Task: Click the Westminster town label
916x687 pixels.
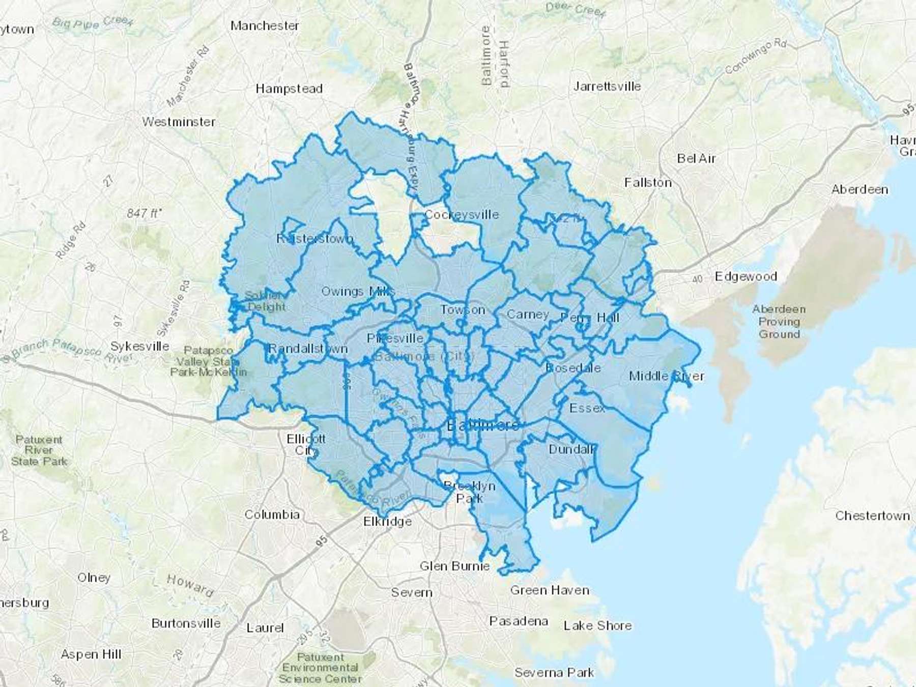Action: pyautogui.click(x=179, y=122)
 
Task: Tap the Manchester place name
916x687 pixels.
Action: pyautogui.click(x=265, y=25)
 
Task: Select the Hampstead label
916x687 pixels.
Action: pyautogui.click(x=289, y=89)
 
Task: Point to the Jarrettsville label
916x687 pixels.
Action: pyautogui.click(x=607, y=87)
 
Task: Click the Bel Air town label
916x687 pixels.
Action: pyautogui.click(x=696, y=159)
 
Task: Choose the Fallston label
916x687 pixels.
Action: pyautogui.click(x=648, y=183)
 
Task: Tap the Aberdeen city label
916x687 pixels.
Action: pyautogui.click(x=860, y=190)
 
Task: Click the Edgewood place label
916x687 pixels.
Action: pyautogui.click(x=746, y=277)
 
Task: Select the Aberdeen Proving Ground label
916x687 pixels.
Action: pyautogui.click(x=779, y=322)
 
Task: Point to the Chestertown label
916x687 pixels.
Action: pyautogui.click(x=872, y=516)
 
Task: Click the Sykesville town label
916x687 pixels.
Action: pyautogui.click(x=140, y=347)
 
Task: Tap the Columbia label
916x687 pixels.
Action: pyautogui.click(x=272, y=514)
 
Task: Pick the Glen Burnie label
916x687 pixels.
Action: pyautogui.click(x=454, y=566)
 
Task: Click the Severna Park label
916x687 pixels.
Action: pyautogui.click(x=554, y=673)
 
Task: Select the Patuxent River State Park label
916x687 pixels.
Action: pyautogui.click(x=39, y=450)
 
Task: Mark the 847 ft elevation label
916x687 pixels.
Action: pyautogui.click(x=144, y=213)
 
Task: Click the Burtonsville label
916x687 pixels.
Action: pyautogui.click(x=186, y=623)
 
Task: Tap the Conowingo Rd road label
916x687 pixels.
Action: pyautogui.click(x=756, y=56)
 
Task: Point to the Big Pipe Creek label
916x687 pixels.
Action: pyautogui.click(x=93, y=22)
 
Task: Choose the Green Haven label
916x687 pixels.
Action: pyautogui.click(x=550, y=590)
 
